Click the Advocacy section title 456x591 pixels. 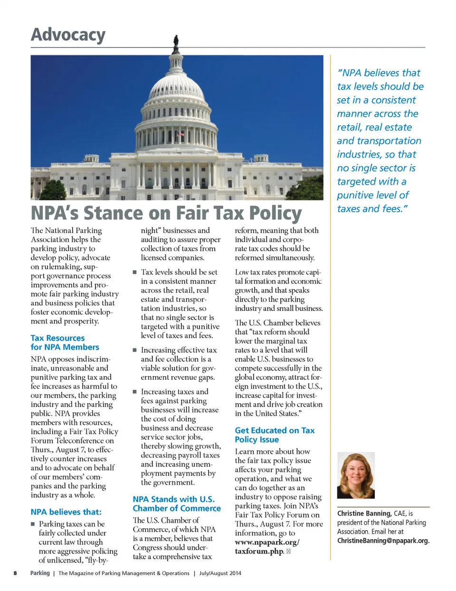pos(68,35)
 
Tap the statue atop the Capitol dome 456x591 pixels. pos(176,42)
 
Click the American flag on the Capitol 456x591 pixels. pos(180,135)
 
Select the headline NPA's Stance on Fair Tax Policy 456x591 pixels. pos(166,213)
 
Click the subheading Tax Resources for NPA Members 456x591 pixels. pos(65,342)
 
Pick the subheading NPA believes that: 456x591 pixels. pos(66,512)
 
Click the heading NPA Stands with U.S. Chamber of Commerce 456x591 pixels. pos(177,504)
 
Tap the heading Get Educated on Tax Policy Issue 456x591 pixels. pos(275,435)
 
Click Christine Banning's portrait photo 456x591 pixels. pos(356,475)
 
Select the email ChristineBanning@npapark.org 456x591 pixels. pos(383,541)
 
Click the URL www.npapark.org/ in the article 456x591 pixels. pos(267,542)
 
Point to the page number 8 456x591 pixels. pos(15,573)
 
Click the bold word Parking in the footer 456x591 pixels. pos(40,573)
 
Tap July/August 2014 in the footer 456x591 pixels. pos(220,573)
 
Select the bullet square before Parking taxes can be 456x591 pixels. pos(33,524)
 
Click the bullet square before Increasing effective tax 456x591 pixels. pos(135,350)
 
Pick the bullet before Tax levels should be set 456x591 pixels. pos(135,272)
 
